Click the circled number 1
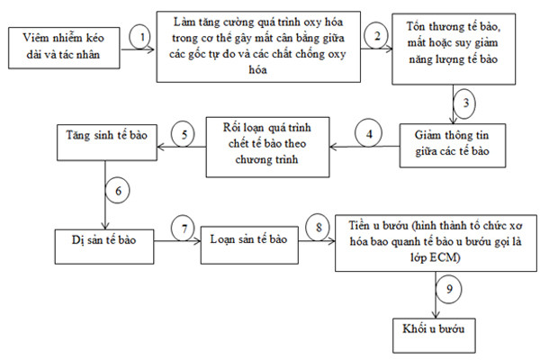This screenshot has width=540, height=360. pos(141,37)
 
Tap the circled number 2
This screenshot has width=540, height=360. pos(376,36)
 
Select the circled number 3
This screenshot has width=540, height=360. pos(465,103)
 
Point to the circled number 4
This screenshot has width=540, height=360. pos(369,133)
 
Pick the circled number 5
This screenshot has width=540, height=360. pos(183,134)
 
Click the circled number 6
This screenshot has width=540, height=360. pos(117,191)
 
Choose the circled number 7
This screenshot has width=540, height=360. pos(183,229)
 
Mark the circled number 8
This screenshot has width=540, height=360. pos(318,227)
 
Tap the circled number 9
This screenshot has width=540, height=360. pos(449,288)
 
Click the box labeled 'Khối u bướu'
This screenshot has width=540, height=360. pos(434,335)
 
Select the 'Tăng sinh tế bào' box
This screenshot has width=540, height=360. pos(107,142)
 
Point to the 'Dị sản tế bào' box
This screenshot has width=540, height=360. pos(104,247)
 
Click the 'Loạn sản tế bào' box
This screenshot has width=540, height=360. pos(249,245)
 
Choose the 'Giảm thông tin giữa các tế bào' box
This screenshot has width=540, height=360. pos(453,146)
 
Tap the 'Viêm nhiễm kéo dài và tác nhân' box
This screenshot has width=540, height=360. pos(64,48)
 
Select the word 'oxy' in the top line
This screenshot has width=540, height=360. pos(312,22)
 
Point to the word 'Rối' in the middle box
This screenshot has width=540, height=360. pos(230,128)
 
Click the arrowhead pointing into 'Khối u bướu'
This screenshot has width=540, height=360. pos(436,314)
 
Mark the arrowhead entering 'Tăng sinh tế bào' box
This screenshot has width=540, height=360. pos(161,147)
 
